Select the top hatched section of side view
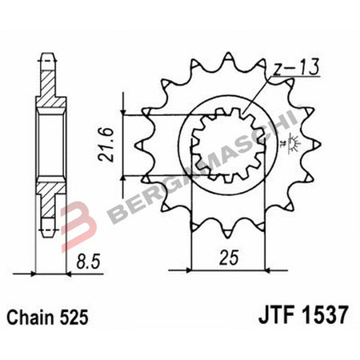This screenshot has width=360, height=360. click(50, 88)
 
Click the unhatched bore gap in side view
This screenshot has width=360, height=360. click(50, 144)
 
